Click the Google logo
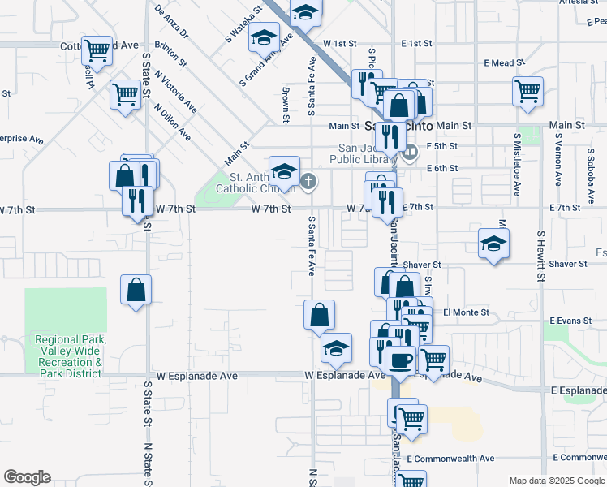pos(27,477)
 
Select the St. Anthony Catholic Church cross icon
pos(308,181)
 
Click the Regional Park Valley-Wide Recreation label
pos(69,356)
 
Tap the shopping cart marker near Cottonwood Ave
pos(97,51)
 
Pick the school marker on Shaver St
pos(493,243)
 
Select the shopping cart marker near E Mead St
pos(528,90)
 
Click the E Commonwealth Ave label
pos(451,459)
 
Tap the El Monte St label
pos(467,312)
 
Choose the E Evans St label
pos(570,321)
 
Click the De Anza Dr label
pos(170,21)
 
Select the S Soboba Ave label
pos(558,166)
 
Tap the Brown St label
pos(286,105)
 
